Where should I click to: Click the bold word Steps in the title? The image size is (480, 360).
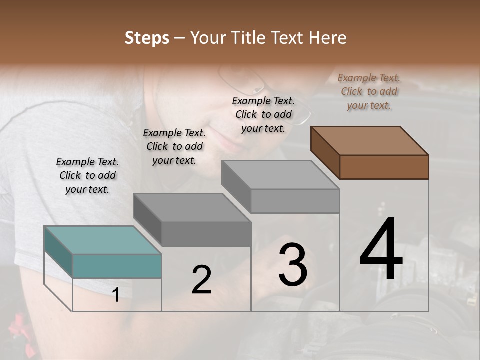coord(147,38)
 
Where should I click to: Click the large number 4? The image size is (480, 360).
coord(381,249)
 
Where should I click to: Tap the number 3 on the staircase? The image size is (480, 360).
coord(293,264)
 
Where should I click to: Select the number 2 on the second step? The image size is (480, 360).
coord(201,280)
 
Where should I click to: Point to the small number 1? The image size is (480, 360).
coord(116,295)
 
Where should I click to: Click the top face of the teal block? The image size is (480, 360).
coord(103,240)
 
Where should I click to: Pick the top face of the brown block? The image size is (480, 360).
coord(370,140)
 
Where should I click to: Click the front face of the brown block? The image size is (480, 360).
coord(384,167)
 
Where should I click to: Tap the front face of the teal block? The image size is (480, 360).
coord(117,265)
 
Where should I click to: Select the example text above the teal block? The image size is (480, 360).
coord(87,175)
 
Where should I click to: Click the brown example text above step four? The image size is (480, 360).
coord(369,91)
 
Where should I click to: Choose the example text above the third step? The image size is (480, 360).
coord(263,114)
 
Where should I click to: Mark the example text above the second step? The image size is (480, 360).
coord(174,146)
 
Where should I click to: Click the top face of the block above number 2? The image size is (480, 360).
coord(192,207)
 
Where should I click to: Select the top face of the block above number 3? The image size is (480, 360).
coord(280,175)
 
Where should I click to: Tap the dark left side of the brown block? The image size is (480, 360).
coord(325,153)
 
